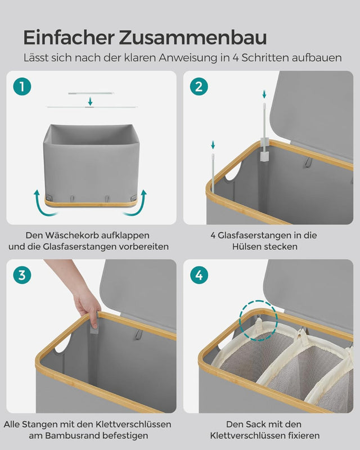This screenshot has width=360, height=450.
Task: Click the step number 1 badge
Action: point(22,87)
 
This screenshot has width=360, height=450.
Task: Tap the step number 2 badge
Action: point(199,87)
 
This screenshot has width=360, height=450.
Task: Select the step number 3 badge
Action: point(22,275)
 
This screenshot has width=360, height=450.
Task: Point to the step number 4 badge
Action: point(199,275)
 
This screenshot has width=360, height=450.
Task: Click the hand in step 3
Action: point(87,304)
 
